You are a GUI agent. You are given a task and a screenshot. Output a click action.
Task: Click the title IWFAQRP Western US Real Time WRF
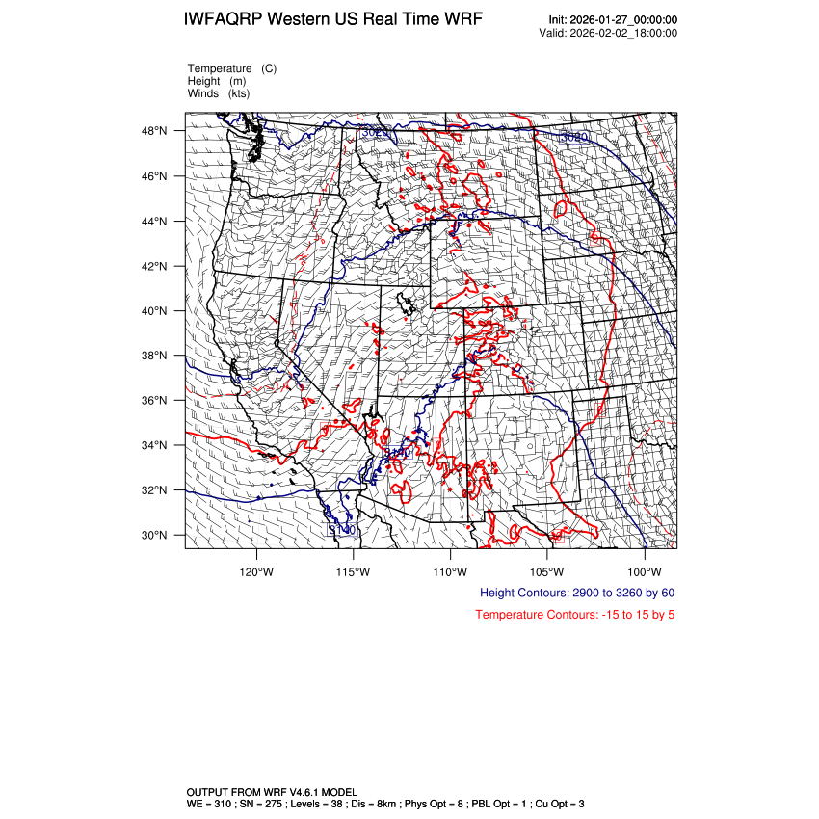tap(333, 20)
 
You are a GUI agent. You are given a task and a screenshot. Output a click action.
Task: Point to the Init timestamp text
tap(613, 20)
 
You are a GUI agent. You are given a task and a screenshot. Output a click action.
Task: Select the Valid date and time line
tap(608, 33)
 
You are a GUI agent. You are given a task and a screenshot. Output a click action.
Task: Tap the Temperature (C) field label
tap(232, 68)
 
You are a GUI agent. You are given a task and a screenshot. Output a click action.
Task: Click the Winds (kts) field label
tap(219, 93)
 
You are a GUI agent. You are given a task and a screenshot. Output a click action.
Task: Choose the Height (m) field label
tap(217, 81)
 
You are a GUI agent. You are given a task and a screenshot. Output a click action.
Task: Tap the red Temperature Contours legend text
tap(574, 615)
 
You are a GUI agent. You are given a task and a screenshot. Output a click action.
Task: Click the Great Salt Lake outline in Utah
tap(410, 304)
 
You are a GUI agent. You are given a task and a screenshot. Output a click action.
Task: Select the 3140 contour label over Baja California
tap(341, 530)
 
